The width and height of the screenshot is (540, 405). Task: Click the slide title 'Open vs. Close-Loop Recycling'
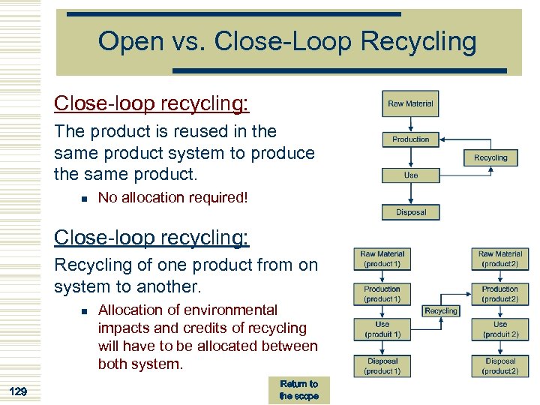point(287,41)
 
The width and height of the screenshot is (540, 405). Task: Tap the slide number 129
point(19,390)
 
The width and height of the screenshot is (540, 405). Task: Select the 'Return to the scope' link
point(298,389)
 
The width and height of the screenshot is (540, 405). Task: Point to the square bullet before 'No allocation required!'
point(84,198)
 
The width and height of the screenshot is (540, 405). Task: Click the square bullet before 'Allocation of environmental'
point(84,310)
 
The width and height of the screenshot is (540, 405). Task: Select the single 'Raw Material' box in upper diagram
point(410,104)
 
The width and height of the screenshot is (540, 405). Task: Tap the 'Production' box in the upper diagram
point(410,139)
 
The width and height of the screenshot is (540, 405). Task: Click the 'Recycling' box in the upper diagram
point(490,157)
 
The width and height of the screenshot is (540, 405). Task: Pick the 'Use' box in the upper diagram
point(410,175)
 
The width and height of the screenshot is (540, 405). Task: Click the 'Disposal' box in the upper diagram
point(410,212)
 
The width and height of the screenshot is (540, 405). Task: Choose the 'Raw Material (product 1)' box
point(382,259)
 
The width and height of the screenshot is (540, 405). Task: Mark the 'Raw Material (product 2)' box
point(499,259)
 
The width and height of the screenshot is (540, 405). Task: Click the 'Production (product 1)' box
point(382,294)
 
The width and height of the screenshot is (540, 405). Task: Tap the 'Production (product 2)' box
point(499,294)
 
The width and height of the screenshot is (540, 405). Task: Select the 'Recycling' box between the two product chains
point(440,310)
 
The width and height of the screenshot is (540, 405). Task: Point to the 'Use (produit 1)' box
point(382,329)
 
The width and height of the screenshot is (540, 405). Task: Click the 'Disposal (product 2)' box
point(499,366)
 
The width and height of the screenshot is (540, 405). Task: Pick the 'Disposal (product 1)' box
point(382,366)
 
